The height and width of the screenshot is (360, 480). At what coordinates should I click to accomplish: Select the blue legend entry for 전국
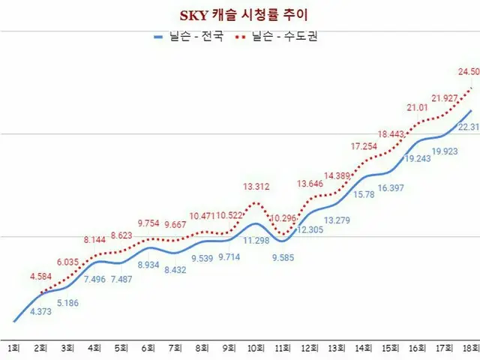pyautogui.click(x=189, y=36)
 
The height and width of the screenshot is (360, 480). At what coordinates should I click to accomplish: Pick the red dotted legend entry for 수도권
pyautogui.click(x=278, y=36)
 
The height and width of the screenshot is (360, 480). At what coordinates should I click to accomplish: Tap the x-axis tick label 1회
pyautogui.click(x=13, y=349)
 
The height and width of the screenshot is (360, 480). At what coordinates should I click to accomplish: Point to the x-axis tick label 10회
pyautogui.click(x=256, y=349)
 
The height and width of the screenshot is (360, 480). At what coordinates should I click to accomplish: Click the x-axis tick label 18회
pyautogui.click(x=469, y=349)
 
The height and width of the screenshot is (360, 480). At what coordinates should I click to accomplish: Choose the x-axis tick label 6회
pyautogui.click(x=148, y=349)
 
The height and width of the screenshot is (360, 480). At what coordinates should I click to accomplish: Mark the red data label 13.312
pyautogui.click(x=256, y=187)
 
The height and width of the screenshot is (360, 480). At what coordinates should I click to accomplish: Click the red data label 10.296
pyautogui.click(x=283, y=217)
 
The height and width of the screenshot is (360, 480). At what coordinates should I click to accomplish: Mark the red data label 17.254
pyautogui.click(x=365, y=146)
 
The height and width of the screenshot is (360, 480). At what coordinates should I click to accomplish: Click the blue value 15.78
pyautogui.click(x=364, y=194)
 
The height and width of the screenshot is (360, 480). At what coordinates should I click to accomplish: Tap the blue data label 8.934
pyautogui.click(x=148, y=264)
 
